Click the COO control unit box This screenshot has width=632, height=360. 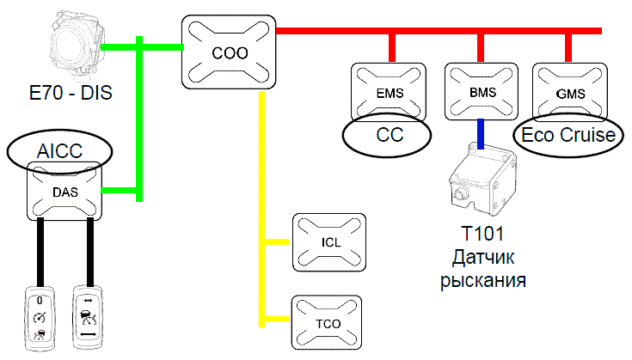click(230, 51)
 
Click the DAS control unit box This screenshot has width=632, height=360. click(64, 192)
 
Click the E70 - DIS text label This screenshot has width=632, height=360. click(72, 90)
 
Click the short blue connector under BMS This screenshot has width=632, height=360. click(481, 131)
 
